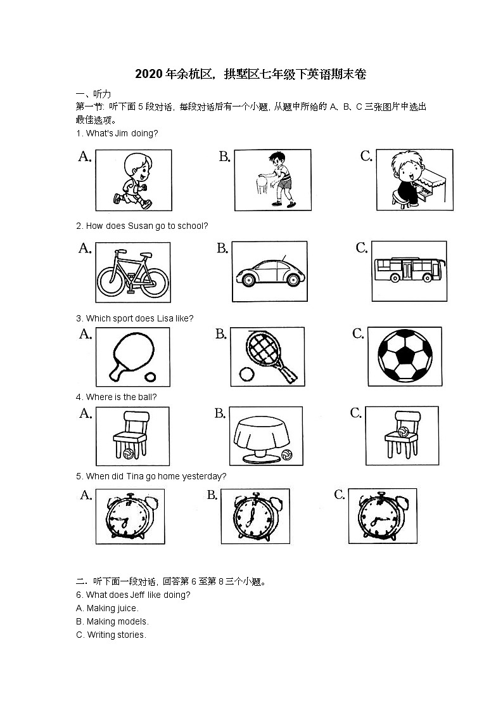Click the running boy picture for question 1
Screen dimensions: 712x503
tap(133, 180)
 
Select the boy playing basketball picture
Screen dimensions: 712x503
tap(272, 180)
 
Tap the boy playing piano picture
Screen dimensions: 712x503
tap(414, 180)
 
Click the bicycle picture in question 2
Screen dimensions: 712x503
tap(132, 272)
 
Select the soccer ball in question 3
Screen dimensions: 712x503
tap(405, 356)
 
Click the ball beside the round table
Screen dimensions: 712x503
tap(286, 455)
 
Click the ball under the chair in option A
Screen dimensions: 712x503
tap(129, 454)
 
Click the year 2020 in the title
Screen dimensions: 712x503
tap(149, 75)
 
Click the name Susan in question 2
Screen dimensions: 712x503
tap(141, 226)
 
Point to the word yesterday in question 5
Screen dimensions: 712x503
tap(206, 476)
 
